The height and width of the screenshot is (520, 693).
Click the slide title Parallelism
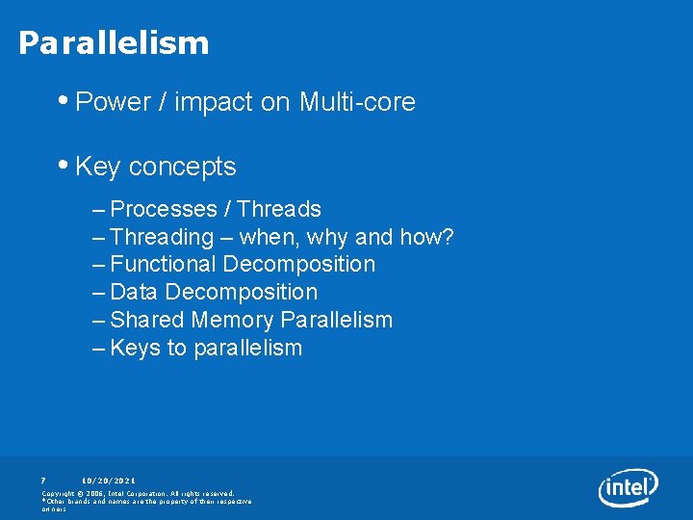pyautogui.click(x=114, y=43)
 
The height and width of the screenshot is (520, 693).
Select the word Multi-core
pyautogui.click(x=357, y=102)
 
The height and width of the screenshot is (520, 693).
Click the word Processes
pyautogui.click(x=164, y=209)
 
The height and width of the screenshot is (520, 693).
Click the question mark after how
pyautogui.click(x=448, y=237)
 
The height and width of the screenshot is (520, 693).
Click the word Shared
pyautogui.click(x=147, y=320)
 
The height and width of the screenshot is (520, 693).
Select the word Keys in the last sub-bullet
pyautogui.click(x=136, y=348)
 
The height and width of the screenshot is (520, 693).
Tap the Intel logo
pyautogui.click(x=628, y=487)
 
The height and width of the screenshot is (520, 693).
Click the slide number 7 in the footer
pyautogui.click(x=43, y=480)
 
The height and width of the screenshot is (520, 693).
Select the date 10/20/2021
pyautogui.click(x=108, y=480)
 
